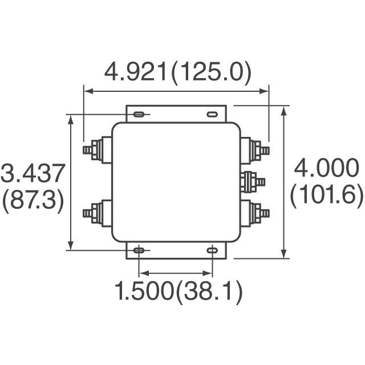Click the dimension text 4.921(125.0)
click(177, 72)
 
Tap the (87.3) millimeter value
click(33, 201)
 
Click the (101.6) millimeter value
click(326, 196)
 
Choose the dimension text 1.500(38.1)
click(179, 292)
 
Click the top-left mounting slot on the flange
click(139, 115)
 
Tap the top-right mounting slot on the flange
click(212, 115)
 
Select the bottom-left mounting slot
click(139, 250)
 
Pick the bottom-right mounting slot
click(212, 250)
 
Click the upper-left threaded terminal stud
click(90, 151)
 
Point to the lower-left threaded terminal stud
click(90, 213)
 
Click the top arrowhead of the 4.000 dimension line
click(284, 109)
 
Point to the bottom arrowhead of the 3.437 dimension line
click(71, 246)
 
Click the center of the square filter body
click(175, 182)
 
